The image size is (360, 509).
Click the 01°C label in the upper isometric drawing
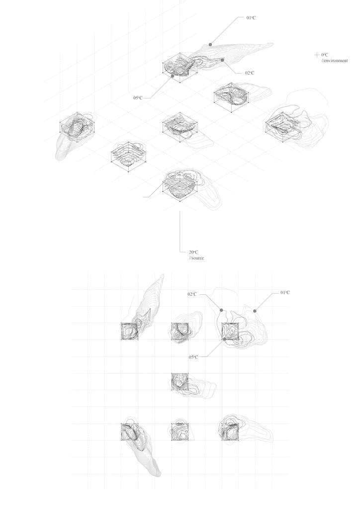[251, 17]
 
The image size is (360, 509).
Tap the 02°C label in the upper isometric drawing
[250, 73]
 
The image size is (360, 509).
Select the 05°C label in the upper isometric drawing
[138, 97]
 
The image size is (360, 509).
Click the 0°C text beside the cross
[325, 55]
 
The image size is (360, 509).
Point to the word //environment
[335, 60]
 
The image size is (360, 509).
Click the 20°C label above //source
[193, 252]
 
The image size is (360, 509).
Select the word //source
[196, 258]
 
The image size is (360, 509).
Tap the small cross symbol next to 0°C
[317, 55]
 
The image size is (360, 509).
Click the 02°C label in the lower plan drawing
[192, 294]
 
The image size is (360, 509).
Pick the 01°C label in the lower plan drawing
[285, 292]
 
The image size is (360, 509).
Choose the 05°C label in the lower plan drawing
[193, 357]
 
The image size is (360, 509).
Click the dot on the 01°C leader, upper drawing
[210, 44]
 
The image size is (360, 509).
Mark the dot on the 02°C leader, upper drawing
[222, 60]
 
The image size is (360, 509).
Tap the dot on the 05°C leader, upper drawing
[173, 76]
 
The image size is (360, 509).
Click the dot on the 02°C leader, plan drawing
[221, 310]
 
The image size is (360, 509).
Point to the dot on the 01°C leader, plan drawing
[255, 311]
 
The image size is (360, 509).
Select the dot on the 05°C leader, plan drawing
[224, 339]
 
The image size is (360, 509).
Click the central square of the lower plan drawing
[180, 382]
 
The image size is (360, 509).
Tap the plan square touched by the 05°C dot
[230, 332]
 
